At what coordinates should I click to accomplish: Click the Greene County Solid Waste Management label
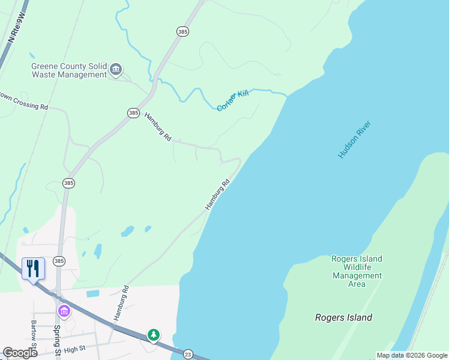tap(69, 70)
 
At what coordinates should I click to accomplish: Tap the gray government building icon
tap(116, 70)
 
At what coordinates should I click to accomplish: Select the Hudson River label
tap(355, 140)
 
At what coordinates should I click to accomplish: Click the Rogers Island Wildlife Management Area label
tap(357, 271)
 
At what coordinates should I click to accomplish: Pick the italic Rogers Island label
tap(343, 317)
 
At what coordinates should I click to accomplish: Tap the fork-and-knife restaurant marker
tap(33, 268)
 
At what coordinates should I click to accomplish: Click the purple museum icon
tap(64, 311)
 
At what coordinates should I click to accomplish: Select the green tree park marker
tap(154, 334)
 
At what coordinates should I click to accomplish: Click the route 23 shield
tap(188, 354)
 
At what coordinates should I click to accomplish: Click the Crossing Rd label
tap(24, 101)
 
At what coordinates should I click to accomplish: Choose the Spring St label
tap(57, 341)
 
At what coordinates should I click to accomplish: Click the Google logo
tap(20, 353)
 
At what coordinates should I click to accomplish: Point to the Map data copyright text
tap(412, 355)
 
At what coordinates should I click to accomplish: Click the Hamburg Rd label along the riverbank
tap(217, 194)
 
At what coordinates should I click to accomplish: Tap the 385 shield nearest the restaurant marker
tap(58, 261)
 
